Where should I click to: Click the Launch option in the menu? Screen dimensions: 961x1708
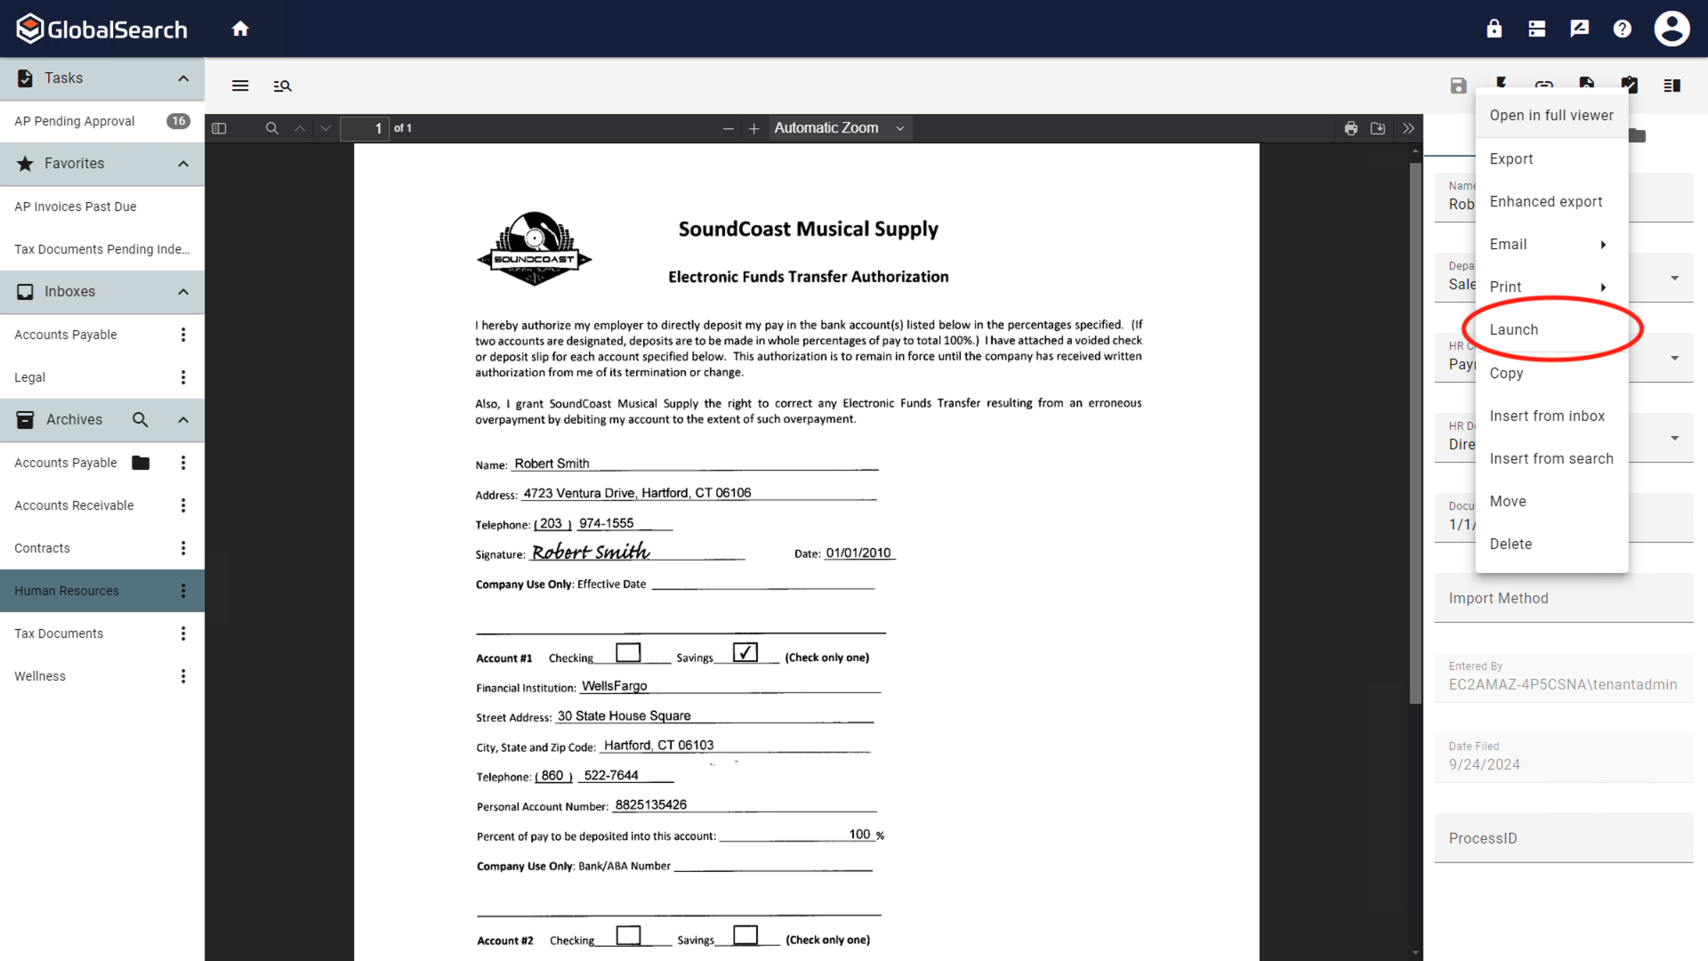pos(1513,330)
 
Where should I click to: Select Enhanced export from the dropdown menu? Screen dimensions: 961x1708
pos(1545,202)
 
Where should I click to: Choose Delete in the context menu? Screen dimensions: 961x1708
pos(1511,544)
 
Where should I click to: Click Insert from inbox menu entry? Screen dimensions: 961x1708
pos(1547,416)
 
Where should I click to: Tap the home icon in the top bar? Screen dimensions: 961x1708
pos(240,29)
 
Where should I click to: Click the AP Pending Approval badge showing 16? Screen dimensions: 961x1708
pos(178,121)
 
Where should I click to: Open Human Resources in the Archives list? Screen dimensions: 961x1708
pos(67,591)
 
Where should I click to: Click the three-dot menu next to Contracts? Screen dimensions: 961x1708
pos(183,548)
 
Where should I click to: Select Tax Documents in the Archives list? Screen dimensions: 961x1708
pos(59,634)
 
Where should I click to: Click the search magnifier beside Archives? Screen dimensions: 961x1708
pos(140,420)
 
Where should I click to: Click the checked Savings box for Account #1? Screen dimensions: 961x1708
pos(745,652)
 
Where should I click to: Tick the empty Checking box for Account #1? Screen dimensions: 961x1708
pos(628,652)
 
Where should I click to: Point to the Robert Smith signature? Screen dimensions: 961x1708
pos(591,553)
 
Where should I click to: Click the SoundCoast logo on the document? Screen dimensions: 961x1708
pos(535,249)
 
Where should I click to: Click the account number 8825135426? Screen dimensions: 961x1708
pos(651,805)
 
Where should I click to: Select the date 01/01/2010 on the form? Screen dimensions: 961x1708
pos(858,553)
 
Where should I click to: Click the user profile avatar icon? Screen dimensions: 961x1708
pos(1672,29)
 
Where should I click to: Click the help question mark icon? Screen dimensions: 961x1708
pos(1622,29)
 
